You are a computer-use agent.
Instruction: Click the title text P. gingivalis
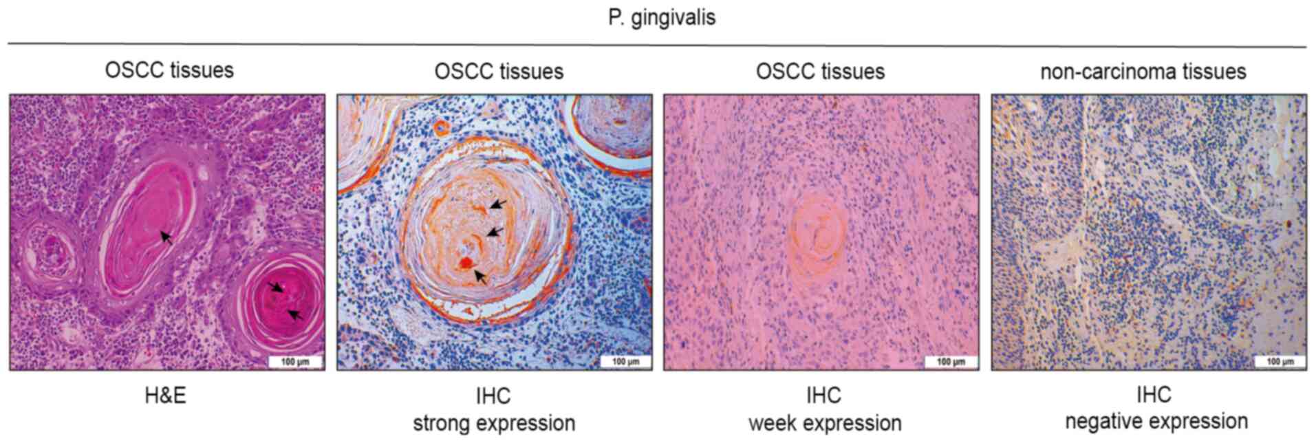click(661, 17)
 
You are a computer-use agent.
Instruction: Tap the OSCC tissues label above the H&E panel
click(169, 70)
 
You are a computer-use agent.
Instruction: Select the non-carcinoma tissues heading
click(1143, 72)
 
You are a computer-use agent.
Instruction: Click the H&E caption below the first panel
click(165, 396)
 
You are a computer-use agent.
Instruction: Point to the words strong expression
click(494, 423)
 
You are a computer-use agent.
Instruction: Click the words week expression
click(825, 423)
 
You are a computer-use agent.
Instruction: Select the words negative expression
click(1156, 422)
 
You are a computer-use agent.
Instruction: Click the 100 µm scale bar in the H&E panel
click(295, 361)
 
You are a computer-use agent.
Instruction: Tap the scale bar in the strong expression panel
click(625, 361)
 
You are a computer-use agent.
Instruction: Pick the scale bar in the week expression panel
click(951, 361)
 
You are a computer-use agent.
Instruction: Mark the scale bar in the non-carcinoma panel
click(1279, 361)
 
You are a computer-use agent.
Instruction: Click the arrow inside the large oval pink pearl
click(166, 237)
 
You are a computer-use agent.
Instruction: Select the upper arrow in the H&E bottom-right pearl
click(275, 286)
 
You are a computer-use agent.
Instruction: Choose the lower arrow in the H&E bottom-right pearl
click(294, 314)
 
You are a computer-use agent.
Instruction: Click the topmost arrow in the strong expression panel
click(499, 204)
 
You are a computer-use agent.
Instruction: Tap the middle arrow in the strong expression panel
click(495, 233)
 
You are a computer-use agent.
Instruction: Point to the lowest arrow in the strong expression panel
click(481, 277)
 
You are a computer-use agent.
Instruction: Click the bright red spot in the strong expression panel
click(466, 263)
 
